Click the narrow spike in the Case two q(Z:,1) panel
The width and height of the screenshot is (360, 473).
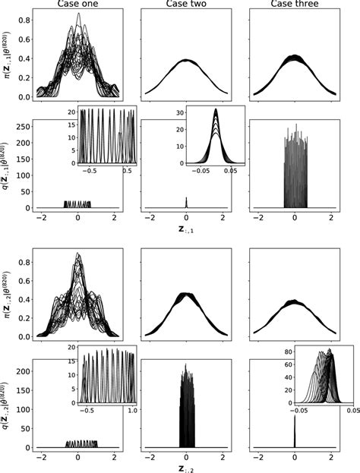tap(185, 202)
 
